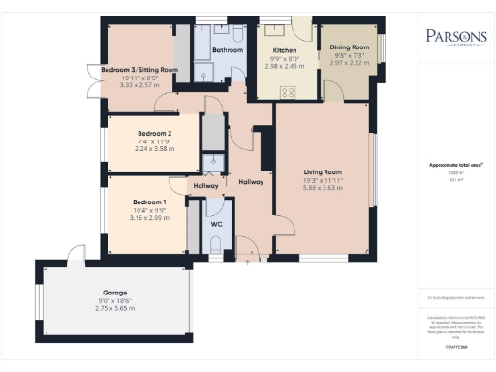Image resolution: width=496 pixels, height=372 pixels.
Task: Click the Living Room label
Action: pos(320,172)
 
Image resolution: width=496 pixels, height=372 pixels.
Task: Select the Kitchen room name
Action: pos(284,49)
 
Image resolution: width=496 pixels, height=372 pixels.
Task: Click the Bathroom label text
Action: pos(228,49)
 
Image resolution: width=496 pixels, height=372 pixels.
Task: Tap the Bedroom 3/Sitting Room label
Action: pos(139,70)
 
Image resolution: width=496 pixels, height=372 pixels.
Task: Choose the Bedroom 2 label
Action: pos(154,133)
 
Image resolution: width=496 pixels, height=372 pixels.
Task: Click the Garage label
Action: pos(115,293)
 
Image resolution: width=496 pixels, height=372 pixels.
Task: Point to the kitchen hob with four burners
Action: pos(288,92)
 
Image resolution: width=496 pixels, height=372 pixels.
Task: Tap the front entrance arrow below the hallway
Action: pos(250,259)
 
